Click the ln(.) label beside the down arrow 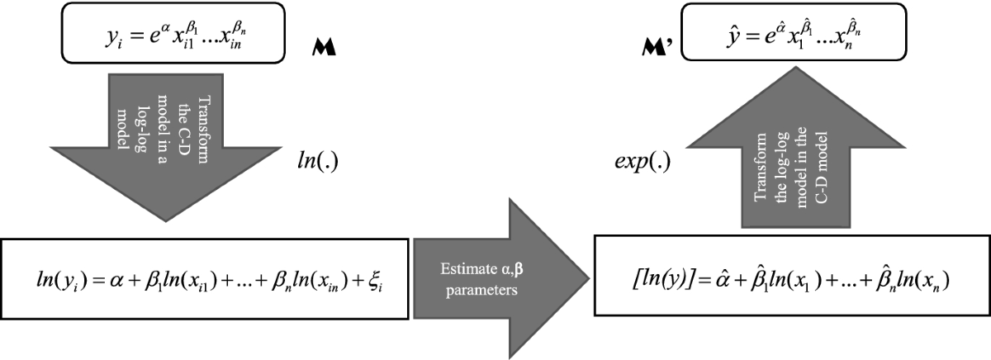click(x=318, y=161)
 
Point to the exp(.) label click(x=642, y=162)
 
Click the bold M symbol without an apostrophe click(x=324, y=47)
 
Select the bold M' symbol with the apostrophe click(x=657, y=47)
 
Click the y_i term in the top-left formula click(x=113, y=38)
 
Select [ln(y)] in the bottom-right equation click(x=662, y=280)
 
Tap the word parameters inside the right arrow click(x=481, y=291)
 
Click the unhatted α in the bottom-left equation click(x=116, y=282)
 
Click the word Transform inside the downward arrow click(x=202, y=130)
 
